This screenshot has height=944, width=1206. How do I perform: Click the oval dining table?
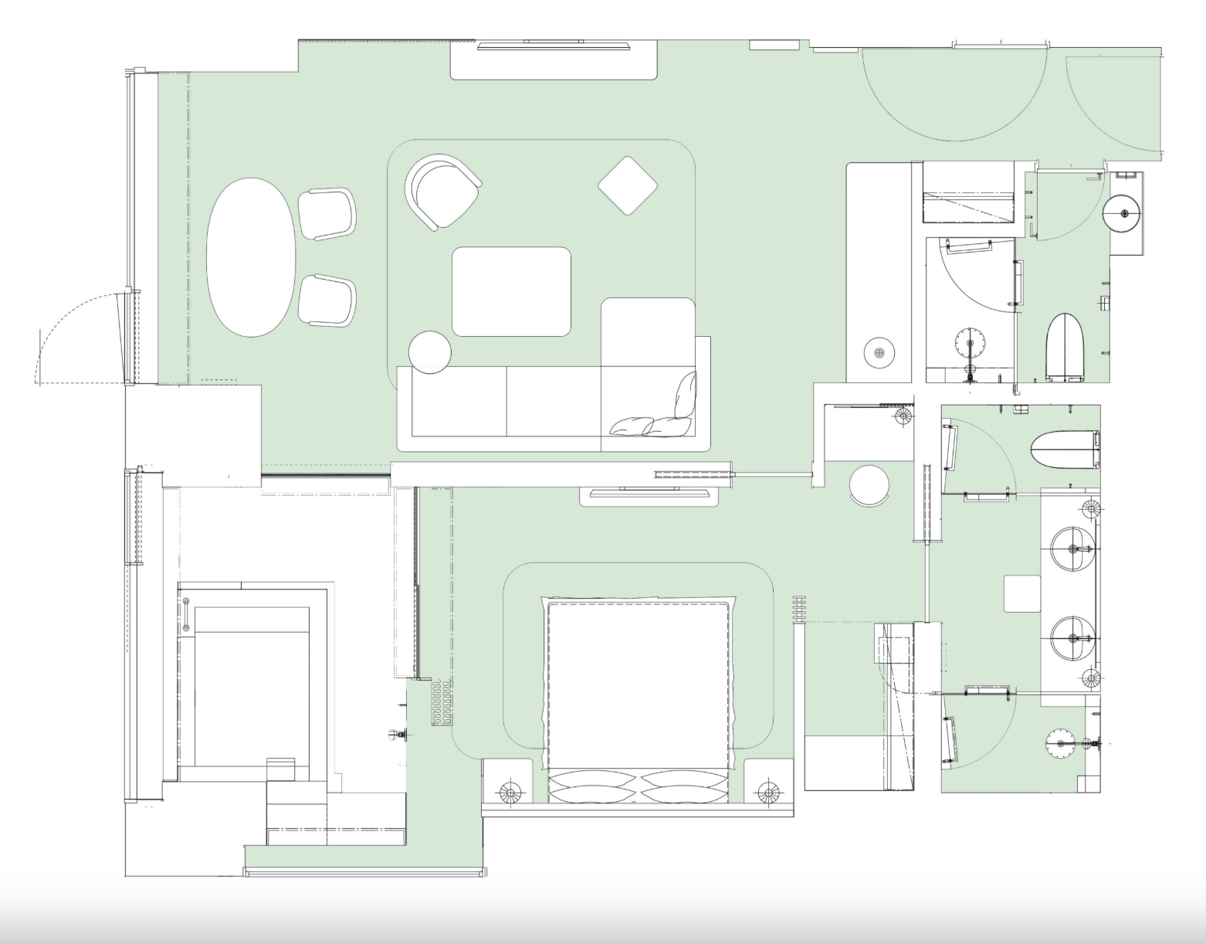coord(251,257)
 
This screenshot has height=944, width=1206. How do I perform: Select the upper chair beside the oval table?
coord(327,214)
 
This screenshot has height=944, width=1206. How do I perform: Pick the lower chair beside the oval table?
coord(327,300)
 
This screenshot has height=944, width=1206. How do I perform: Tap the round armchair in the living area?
coord(441,191)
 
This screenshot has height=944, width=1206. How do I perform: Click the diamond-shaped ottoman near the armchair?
coord(628,185)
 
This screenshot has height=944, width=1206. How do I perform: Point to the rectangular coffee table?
coord(511,291)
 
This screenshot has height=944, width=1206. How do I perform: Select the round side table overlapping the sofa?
coord(429,352)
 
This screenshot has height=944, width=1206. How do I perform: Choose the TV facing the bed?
coord(649,489)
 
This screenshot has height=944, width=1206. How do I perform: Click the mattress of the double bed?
coord(639,684)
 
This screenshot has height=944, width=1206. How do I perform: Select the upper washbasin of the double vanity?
coord(1072,549)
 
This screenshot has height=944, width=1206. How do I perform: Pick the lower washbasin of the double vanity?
coord(1072,638)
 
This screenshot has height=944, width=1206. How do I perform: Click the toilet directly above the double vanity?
coord(1065,450)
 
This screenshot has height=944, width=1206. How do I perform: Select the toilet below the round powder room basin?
coord(1065,347)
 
